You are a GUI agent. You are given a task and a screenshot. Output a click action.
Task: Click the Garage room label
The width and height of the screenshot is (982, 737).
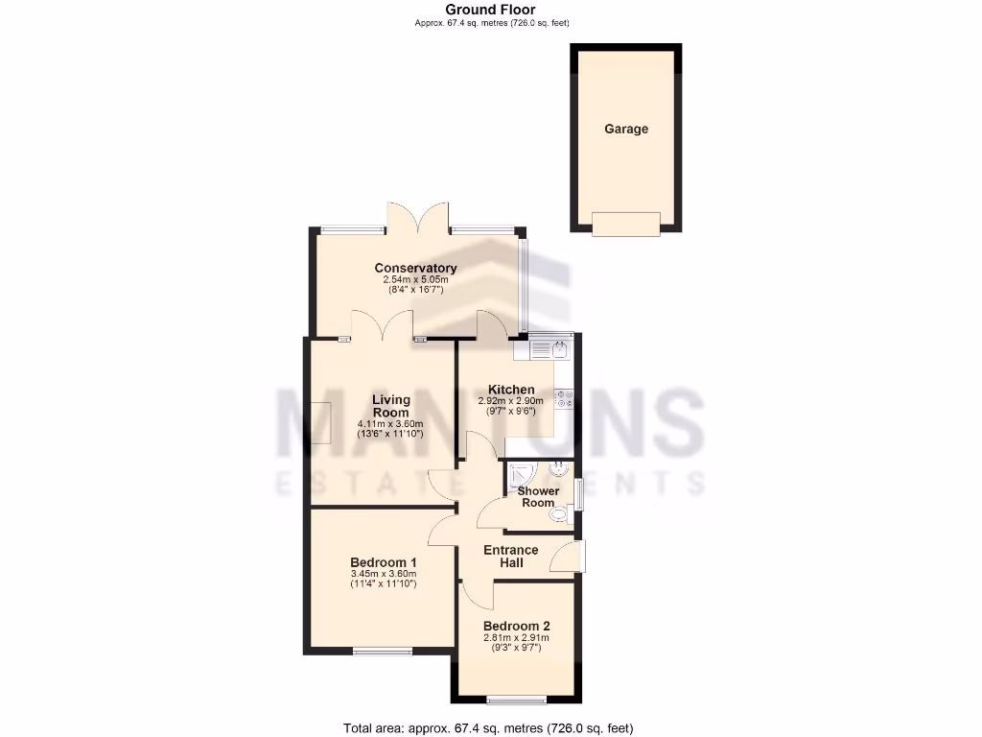[625, 129]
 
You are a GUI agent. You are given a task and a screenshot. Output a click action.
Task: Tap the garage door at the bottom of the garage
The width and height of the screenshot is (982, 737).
[625, 224]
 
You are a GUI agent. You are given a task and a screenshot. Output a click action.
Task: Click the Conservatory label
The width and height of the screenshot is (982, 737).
[415, 268]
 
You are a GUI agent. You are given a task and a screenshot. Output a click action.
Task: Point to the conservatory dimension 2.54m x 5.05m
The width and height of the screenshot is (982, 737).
[415, 280]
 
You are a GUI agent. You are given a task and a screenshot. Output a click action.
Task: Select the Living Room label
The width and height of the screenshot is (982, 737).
[391, 406]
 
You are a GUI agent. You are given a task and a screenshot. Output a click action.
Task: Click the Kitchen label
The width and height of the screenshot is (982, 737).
[511, 390]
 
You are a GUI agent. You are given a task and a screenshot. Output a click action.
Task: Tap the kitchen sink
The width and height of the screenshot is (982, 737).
[560, 349]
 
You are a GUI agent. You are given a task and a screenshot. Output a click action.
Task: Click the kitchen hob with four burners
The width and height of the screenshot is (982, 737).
[563, 399]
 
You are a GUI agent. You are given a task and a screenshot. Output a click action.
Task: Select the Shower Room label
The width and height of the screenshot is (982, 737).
[538, 497]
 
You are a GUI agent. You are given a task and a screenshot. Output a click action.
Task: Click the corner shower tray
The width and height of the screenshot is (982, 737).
[523, 474]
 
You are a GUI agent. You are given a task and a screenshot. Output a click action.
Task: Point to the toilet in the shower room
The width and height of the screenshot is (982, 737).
[558, 515]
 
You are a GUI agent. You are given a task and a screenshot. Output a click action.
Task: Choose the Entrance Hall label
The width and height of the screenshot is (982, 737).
[510, 557]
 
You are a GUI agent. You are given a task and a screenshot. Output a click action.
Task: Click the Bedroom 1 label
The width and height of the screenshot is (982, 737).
[383, 562]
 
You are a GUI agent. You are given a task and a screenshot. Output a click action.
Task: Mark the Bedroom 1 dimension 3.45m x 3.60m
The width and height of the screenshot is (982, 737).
[383, 575]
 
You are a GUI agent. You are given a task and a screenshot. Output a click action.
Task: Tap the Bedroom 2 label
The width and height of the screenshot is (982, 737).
[516, 626]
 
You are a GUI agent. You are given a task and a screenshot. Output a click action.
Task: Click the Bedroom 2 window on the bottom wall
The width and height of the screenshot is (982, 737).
[516, 698]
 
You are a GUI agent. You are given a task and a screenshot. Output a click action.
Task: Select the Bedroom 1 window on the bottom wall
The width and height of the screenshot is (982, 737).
[383, 652]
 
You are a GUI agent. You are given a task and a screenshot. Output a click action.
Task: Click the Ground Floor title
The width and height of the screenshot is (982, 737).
[491, 10]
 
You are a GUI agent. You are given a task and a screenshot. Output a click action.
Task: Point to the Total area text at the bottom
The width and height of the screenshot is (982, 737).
[488, 727]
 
